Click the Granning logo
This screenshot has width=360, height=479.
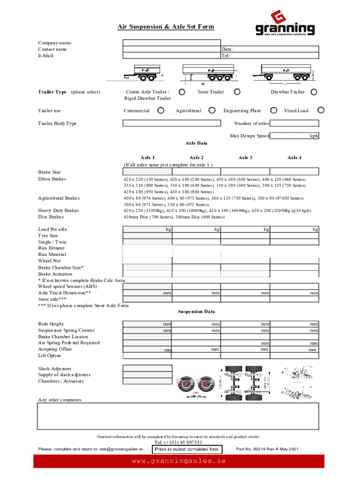tap(285, 24)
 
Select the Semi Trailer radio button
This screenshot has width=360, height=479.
tap(237, 92)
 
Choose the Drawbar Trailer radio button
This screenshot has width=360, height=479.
tap(314, 92)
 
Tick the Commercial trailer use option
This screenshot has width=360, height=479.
tap(161, 110)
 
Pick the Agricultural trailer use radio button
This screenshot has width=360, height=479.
tap(212, 110)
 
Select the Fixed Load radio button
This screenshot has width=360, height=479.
tap(321, 110)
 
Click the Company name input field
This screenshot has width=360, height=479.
tap(172, 43)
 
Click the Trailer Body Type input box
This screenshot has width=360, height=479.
tap(172, 123)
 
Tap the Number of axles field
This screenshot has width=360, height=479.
tap(295, 123)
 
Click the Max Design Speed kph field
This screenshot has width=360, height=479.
tap(295, 136)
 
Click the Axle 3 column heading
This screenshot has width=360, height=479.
tap(245, 158)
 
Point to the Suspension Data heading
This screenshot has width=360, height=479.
tap(196, 312)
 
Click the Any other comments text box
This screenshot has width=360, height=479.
tap(178, 416)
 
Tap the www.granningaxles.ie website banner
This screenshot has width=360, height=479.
tap(179, 461)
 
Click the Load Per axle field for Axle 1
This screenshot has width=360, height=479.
tap(147, 229)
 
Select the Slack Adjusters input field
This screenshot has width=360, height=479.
tap(147, 368)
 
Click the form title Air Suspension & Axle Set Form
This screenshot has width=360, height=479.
tap(166, 27)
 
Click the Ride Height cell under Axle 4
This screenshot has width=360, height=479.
tap(295, 324)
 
